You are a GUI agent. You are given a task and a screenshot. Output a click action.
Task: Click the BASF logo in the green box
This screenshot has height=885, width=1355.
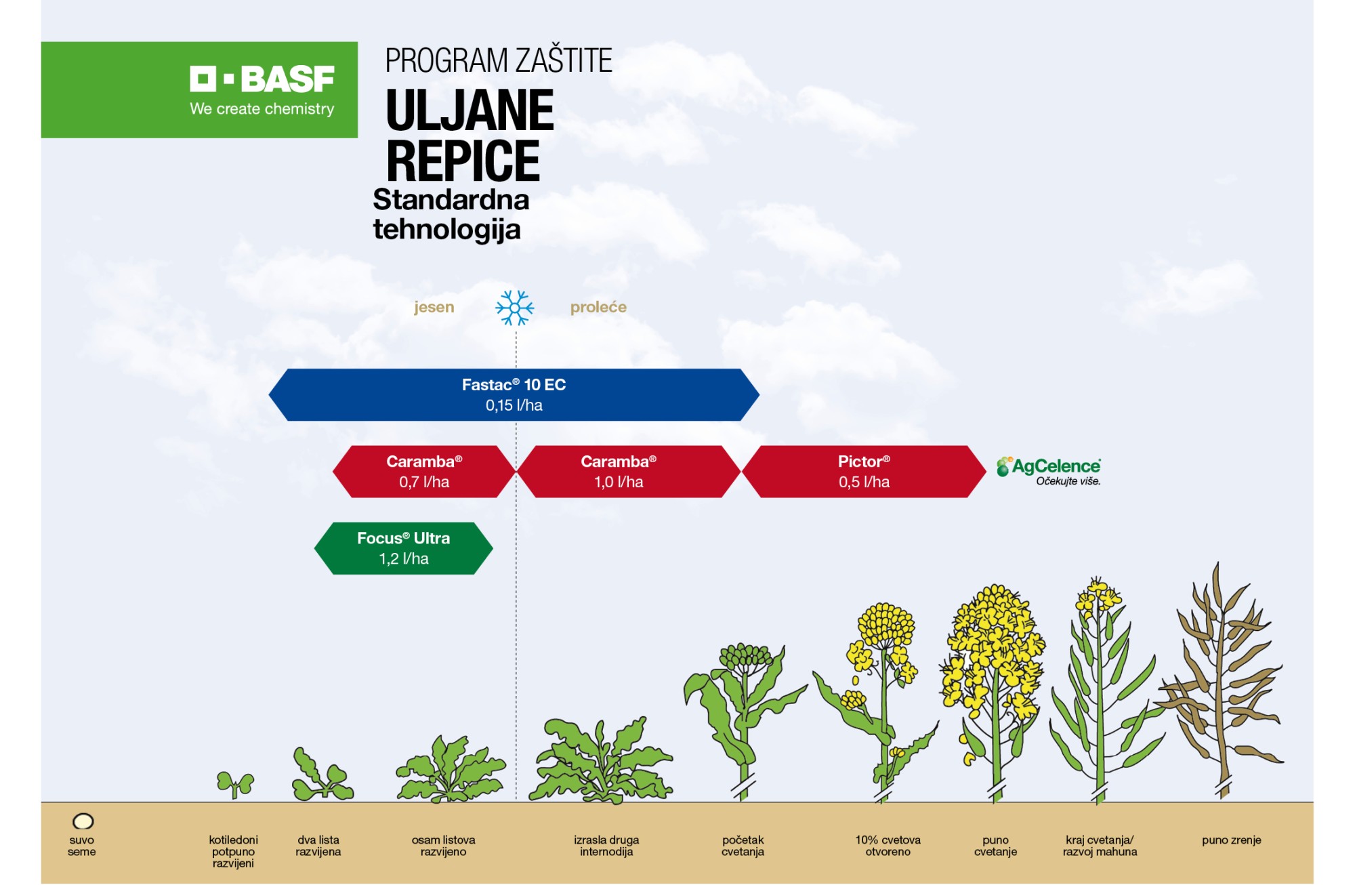click(262, 79)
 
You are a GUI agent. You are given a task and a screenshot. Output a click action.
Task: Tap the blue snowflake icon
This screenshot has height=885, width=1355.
click(515, 308)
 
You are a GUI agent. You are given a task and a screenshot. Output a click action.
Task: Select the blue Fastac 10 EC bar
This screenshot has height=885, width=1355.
click(514, 395)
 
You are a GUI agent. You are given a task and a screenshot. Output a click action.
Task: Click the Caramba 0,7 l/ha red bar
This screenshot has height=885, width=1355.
click(424, 472)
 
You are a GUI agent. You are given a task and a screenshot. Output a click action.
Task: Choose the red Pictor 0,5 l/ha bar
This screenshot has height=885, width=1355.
click(864, 472)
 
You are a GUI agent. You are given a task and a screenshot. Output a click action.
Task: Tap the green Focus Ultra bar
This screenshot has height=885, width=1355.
click(404, 548)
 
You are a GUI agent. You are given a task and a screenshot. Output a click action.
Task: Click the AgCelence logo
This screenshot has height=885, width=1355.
click(1049, 471)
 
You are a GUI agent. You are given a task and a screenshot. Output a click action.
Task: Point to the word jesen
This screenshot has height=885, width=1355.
click(434, 307)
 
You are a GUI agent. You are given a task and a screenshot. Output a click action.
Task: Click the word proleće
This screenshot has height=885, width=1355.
click(598, 307)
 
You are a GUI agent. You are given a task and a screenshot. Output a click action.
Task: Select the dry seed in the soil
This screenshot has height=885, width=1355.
click(83, 821)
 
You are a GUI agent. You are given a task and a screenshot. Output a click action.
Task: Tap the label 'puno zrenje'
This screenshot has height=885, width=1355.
click(1232, 840)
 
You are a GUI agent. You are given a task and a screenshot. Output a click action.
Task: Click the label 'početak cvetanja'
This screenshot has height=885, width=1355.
click(743, 846)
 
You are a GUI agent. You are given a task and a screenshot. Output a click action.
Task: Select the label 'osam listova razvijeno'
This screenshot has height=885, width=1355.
click(444, 846)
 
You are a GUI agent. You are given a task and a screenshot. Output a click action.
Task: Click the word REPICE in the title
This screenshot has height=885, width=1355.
click(463, 161)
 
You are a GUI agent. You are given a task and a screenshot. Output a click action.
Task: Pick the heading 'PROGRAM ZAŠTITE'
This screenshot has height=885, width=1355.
click(499, 60)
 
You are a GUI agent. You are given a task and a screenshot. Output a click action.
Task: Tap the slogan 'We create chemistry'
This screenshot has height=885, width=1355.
click(262, 109)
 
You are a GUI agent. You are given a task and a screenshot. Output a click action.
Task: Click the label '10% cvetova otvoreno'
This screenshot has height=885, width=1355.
click(888, 846)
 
